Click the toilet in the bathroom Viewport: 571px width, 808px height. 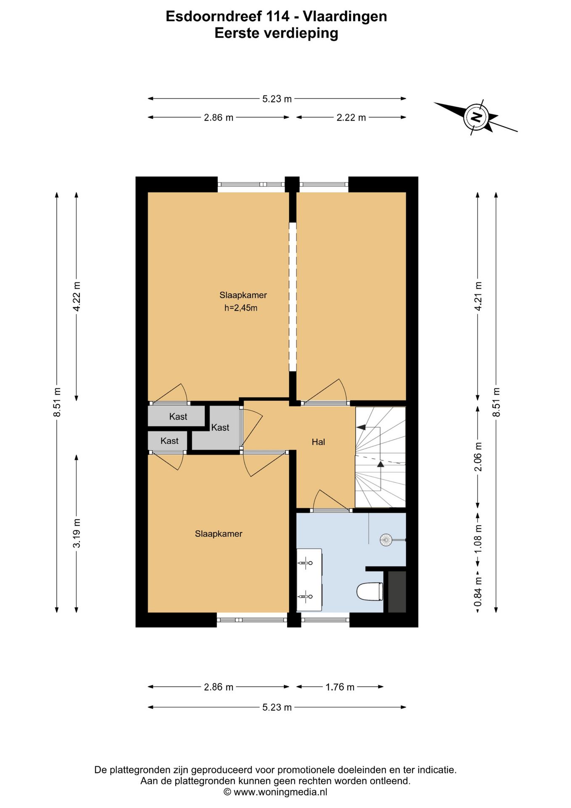[370, 592]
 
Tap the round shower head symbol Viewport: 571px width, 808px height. [386, 540]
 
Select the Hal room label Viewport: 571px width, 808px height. [318, 442]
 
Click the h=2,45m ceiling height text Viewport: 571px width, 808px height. [241, 308]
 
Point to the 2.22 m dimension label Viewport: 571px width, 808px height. [351, 118]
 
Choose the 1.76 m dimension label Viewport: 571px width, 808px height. [340, 687]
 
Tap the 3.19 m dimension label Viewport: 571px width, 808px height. [77, 533]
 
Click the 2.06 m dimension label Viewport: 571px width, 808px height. [478, 457]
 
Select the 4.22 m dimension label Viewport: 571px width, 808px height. [77, 296]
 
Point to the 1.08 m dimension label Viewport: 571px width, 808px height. [478, 540]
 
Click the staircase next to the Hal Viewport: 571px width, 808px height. [381, 457]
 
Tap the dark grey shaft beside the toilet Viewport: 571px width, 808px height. [397, 592]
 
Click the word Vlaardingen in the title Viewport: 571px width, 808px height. [345, 17]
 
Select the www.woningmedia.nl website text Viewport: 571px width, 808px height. [280, 792]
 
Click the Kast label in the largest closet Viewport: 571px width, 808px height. [220, 428]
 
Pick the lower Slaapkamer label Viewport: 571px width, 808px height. [219, 534]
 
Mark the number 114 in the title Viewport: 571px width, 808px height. [278, 16]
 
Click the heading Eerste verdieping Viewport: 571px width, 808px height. [276, 33]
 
